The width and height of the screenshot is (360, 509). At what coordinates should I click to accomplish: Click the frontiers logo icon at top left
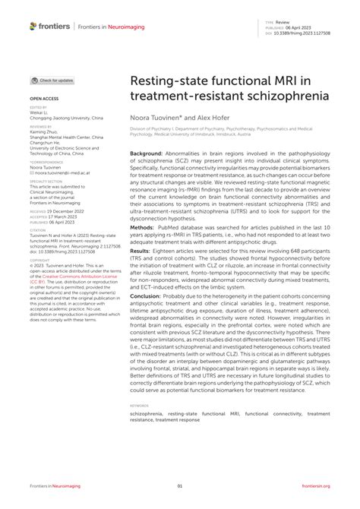pos(33,26)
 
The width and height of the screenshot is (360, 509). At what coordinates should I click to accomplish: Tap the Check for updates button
pos(52,80)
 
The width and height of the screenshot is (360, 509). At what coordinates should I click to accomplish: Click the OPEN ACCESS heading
pos(45,99)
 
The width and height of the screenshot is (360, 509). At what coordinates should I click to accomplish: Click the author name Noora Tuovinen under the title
pos(157,118)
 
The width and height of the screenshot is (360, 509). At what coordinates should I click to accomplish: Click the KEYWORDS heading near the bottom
pos(140,406)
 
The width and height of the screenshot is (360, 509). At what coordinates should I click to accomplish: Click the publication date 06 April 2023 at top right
pos(305,28)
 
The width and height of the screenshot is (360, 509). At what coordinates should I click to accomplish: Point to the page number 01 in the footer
pos(180,486)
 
